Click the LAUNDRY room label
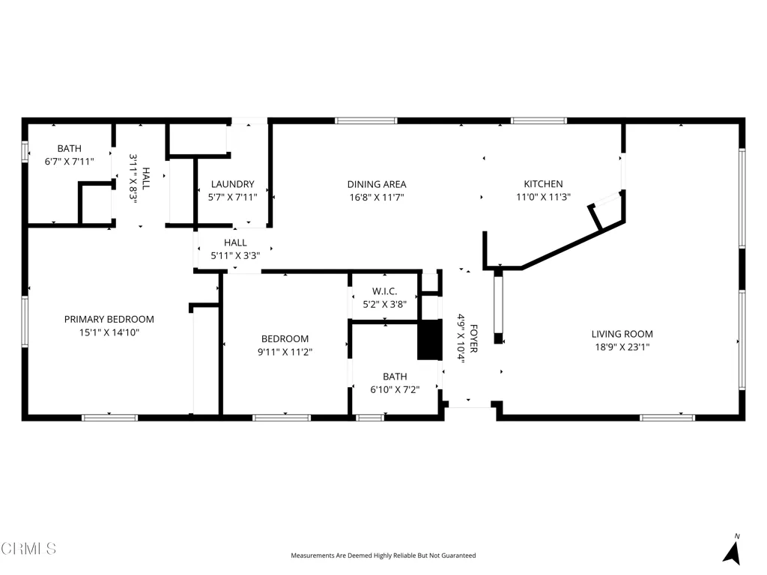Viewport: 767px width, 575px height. pyautogui.click(x=232, y=184)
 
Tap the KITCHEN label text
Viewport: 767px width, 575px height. pyautogui.click(x=543, y=184)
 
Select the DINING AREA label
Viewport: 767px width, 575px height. pyautogui.click(x=377, y=184)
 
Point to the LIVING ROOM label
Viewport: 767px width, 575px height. pyautogui.click(x=622, y=334)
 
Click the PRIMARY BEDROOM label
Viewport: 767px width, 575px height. pyautogui.click(x=109, y=319)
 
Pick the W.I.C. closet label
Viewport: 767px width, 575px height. pyautogui.click(x=384, y=291)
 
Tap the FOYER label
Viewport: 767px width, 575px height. pyautogui.click(x=473, y=338)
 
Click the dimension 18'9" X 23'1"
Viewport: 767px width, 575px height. pyautogui.click(x=622, y=347)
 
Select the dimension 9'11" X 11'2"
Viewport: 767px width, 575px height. pyautogui.click(x=285, y=352)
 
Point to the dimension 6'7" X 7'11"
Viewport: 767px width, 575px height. pyautogui.click(x=69, y=162)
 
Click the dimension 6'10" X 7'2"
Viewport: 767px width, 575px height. pyautogui.click(x=395, y=389)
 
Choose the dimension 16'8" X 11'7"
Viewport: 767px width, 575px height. pyautogui.click(x=377, y=198)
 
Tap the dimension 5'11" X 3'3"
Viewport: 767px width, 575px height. pyautogui.click(x=235, y=256)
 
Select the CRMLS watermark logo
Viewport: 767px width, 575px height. pyautogui.click(x=28, y=548)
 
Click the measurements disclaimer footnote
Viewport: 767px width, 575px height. pyautogui.click(x=383, y=556)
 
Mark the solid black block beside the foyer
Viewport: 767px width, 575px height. pyautogui.click(x=429, y=341)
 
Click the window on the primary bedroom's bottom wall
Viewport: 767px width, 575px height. pyautogui.click(x=109, y=418)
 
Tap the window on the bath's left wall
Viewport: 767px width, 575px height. pyautogui.click(x=25, y=150)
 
